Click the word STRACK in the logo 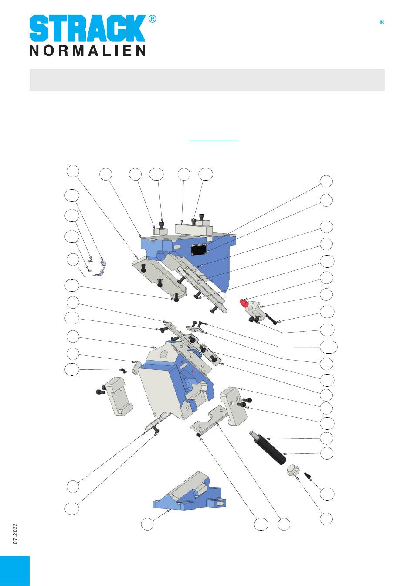pyautogui.click(x=87, y=28)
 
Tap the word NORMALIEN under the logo pyautogui.click(x=87, y=51)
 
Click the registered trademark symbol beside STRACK pyautogui.click(x=152, y=19)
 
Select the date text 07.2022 pyautogui.click(x=15, y=534)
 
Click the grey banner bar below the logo pyautogui.click(x=207, y=80)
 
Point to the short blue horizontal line pyautogui.click(x=213, y=141)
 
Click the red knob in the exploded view pyautogui.click(x=244, y=303)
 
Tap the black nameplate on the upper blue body pyautogui.click(x=199, y=249)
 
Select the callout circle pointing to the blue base pyautogui.click(x=147, y=524)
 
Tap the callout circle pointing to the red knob pyautogui.click(x=326, y=278)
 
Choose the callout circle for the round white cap pyautogui.click(x=326, y=519)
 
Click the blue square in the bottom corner pyautogui.click(x=15, y=571)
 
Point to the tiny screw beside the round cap pyautogui.click(x=307, y=476)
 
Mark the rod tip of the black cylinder pyautogui.click(x=251, y=433)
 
